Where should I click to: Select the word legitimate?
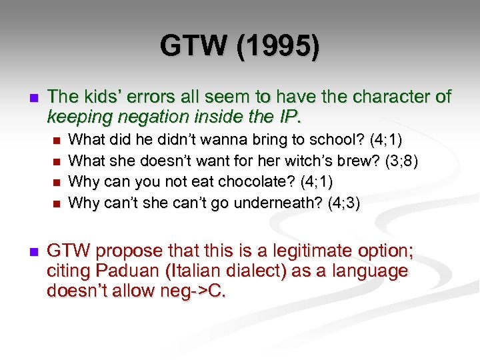click(309, 251)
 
